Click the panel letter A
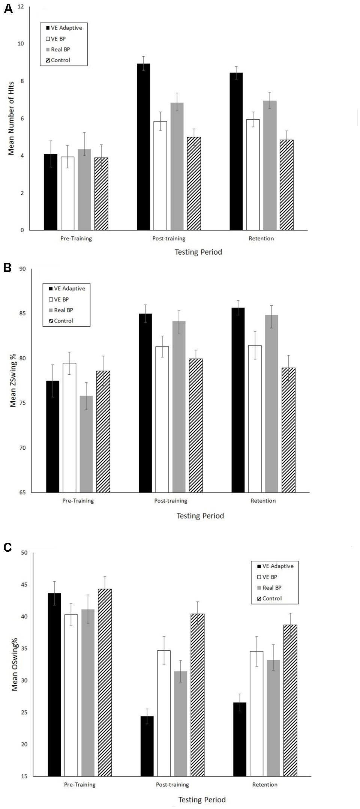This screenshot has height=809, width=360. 8,8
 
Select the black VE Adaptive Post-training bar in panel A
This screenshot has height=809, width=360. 143,147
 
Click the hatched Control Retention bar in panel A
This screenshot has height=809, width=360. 286,185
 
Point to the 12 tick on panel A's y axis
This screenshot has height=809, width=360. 20,7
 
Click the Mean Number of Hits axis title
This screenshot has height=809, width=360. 11,118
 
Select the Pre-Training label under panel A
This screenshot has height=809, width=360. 76,239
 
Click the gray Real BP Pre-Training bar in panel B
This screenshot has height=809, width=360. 86,444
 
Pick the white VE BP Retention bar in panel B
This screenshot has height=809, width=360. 255,419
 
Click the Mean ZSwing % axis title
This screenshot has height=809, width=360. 13,381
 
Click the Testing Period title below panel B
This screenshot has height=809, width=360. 200,516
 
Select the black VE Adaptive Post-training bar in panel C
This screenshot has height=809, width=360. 147,746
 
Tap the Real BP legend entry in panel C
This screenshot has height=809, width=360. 271,588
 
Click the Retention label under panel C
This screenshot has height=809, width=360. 265,785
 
